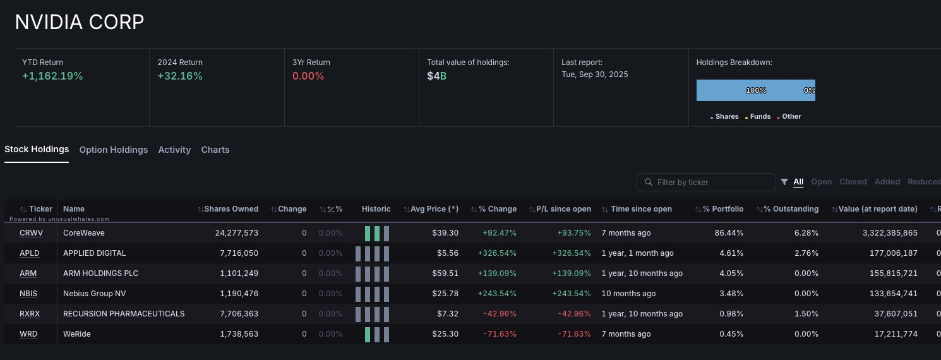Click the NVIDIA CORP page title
pos(80,22)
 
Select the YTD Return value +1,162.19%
pos(52,76)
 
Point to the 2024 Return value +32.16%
pos(180,76)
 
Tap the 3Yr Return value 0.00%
pos(308,76)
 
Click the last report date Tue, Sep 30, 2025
pos(595,75)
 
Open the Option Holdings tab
pos(114,150)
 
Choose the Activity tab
pos(174,150)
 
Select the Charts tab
pos(215,150)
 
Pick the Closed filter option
pos(853,182)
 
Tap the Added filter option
pos(887,182)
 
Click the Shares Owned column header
pos(231,209)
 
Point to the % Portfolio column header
pos(722,209)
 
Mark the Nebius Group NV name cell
pos(93,294)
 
